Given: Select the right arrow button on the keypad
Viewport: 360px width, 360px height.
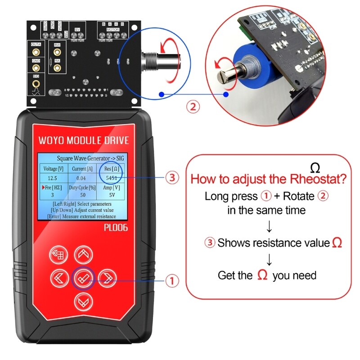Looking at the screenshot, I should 107,278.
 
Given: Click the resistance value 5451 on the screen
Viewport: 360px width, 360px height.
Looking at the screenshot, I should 112,178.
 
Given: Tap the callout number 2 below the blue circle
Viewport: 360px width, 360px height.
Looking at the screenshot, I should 193,107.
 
